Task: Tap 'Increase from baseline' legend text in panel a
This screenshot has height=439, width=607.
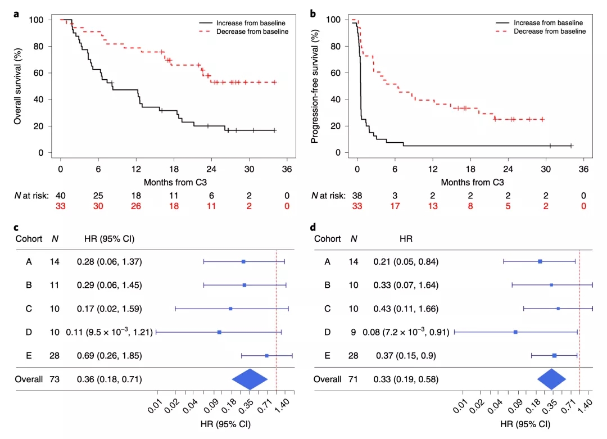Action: point(251,22)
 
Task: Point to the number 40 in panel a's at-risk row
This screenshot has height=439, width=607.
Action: point(61,195)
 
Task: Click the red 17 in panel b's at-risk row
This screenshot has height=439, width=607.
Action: point(395,205)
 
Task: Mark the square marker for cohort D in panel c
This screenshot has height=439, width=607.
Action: point(219,332)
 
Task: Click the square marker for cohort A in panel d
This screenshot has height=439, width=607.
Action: point(540,261)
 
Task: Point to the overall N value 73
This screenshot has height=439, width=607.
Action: point(55,379)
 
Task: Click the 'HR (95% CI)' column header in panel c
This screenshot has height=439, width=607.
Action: point(109,238)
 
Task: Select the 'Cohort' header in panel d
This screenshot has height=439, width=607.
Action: point(328,238)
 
